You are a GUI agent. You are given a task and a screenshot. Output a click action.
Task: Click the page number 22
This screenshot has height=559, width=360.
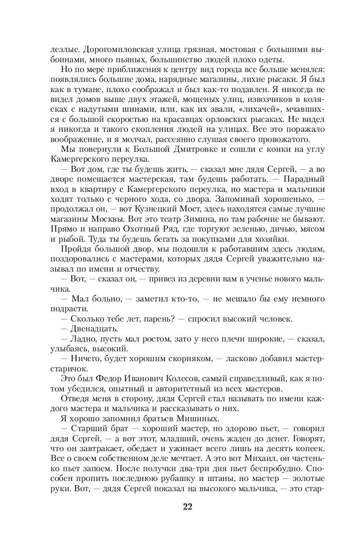tap(188, 507)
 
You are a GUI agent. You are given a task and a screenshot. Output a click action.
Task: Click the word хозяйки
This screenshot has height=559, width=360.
tap(272, 239)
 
